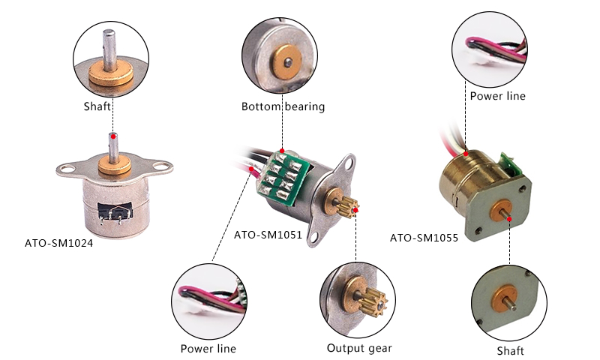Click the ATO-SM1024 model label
coord(59,244)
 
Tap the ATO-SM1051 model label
coord(268,235)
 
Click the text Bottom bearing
coord(283,106)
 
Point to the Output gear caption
coord(359,348)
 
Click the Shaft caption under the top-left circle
coord(97,106)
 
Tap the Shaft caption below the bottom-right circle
coord(510,351)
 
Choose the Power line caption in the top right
coord(497,96)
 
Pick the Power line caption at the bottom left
coord(208,349)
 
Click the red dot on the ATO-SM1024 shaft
coord(112,136)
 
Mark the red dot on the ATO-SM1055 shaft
coord(509,219)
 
